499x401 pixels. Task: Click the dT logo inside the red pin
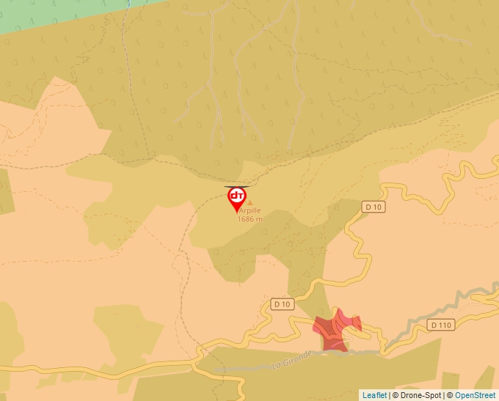[237, 196]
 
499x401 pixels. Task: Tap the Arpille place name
[249, 210]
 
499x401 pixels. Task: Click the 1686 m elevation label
[249, 219]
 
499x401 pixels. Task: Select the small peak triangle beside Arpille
[249, 202]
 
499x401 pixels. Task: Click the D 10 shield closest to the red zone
[282, 303]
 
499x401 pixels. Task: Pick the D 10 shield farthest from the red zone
[373, 207]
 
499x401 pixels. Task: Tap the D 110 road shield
[442, 325]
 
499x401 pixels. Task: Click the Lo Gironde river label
[292, 358]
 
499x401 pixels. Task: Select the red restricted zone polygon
[336, 328]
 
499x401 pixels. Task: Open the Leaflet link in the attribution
[374, 395]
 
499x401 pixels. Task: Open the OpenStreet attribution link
[476, 395]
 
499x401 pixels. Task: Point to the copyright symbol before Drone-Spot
[396, 395]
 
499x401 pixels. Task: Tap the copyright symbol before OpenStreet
[450, 395]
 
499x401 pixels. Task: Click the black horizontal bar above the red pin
[236, 187]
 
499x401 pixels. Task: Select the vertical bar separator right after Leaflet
[389, 395]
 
